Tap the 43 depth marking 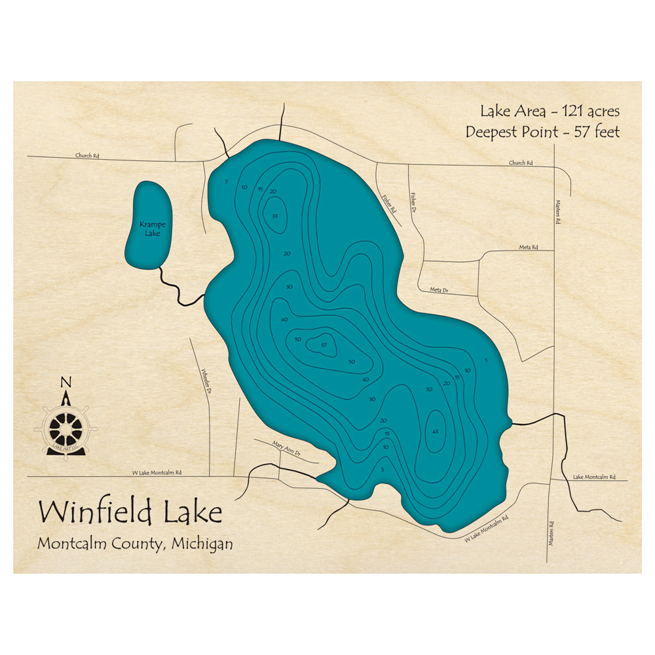pos(436,431)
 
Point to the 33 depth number pos(276,216)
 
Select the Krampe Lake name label pos(149,228)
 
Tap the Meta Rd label pos(528,248)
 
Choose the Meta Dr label pos(439,290)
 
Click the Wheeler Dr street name pos(206,381)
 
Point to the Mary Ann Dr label pos(286,448)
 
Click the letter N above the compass pos(65,383)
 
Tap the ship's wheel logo pos(65,429)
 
